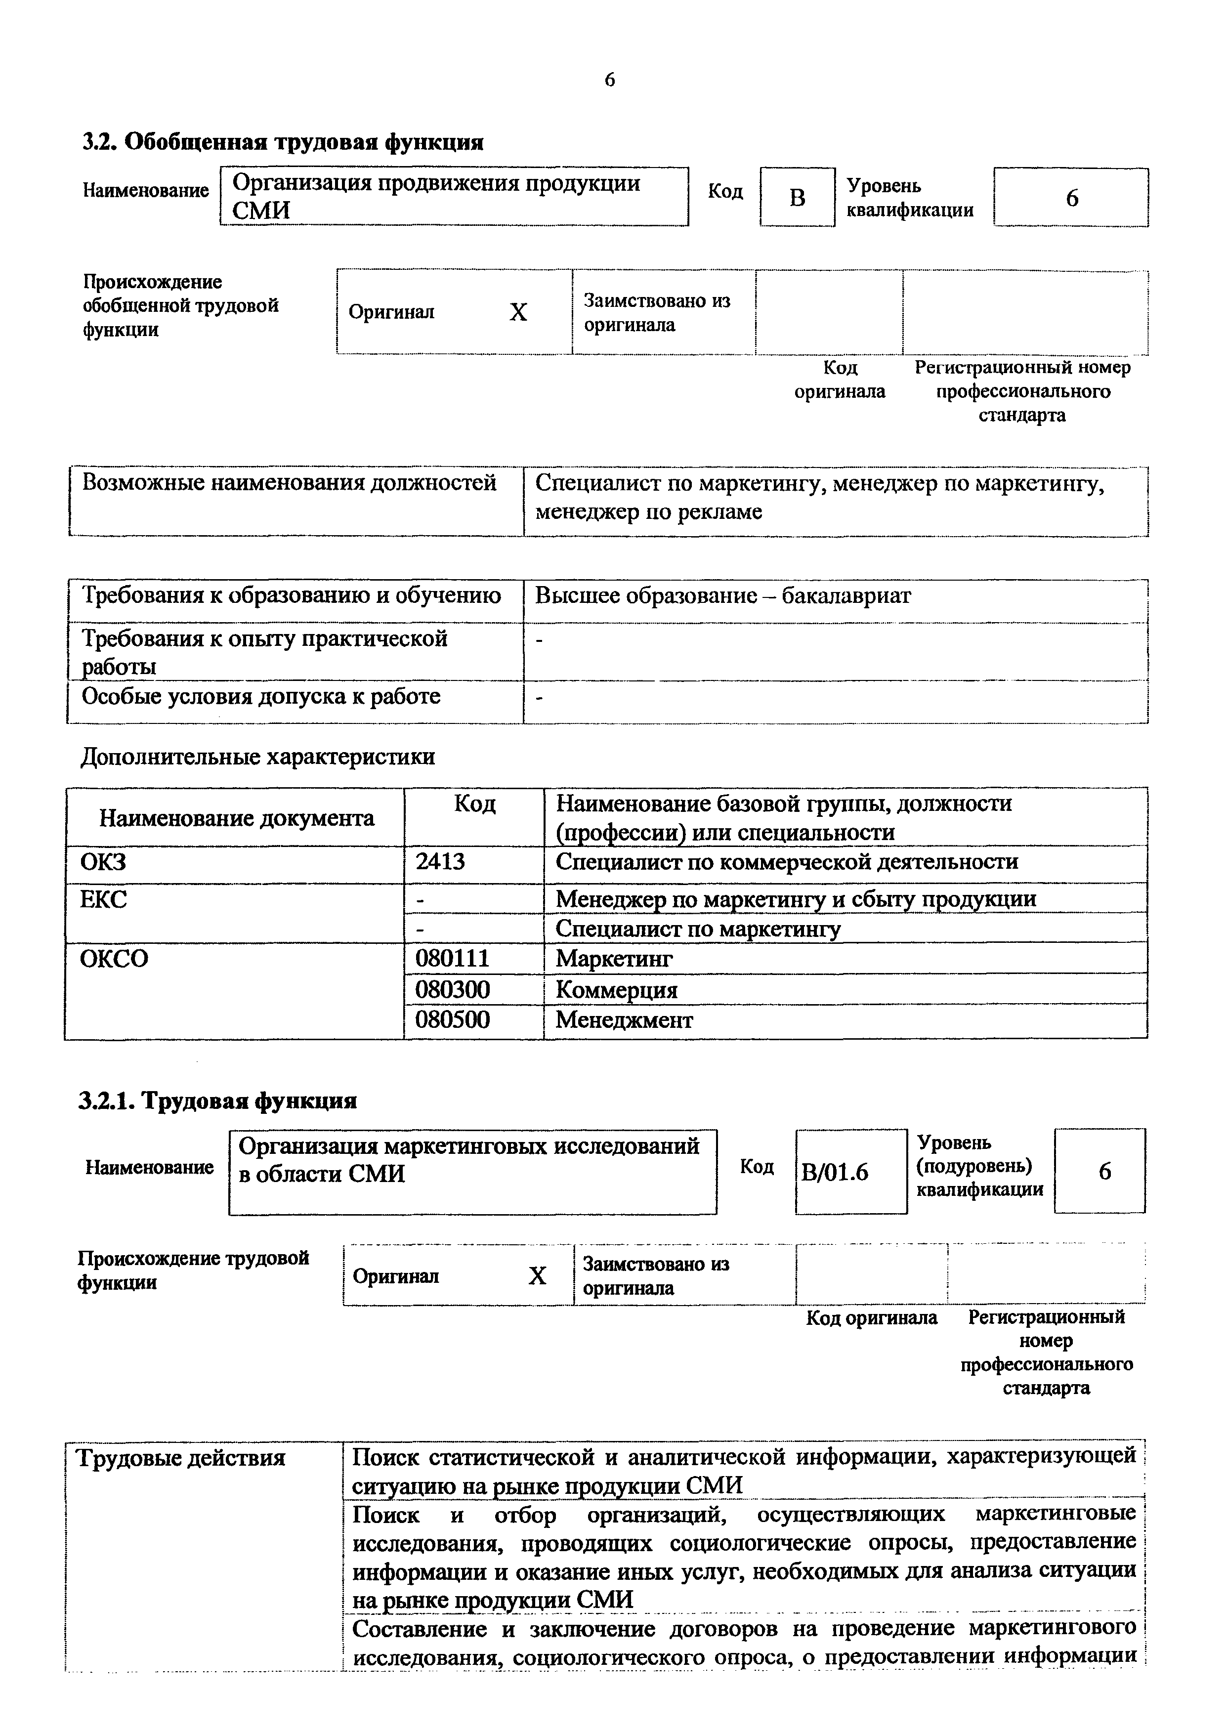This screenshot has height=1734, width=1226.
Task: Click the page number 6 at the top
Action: coord(610,80)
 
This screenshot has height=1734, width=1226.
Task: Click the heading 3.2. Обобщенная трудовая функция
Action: coord(283,142)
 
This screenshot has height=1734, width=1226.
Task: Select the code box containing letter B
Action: coord(797,198)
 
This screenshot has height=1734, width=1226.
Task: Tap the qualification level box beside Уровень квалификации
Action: coord(1071,198)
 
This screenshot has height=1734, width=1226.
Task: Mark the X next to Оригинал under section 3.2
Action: coord(518,312)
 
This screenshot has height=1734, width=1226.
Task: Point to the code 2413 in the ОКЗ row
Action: coord(440,862)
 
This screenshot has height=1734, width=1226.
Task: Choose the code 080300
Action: coord(453,989)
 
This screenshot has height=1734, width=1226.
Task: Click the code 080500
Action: coord(453,1020)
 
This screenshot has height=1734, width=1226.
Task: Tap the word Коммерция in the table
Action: coord(616,989)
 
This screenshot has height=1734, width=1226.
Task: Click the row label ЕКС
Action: coord(103,899)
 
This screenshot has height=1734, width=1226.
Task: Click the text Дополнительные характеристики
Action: coord(258,757)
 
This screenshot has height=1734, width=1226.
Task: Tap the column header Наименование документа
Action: coord(236,818)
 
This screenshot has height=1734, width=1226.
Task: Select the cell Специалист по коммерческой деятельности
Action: coord(786,862)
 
